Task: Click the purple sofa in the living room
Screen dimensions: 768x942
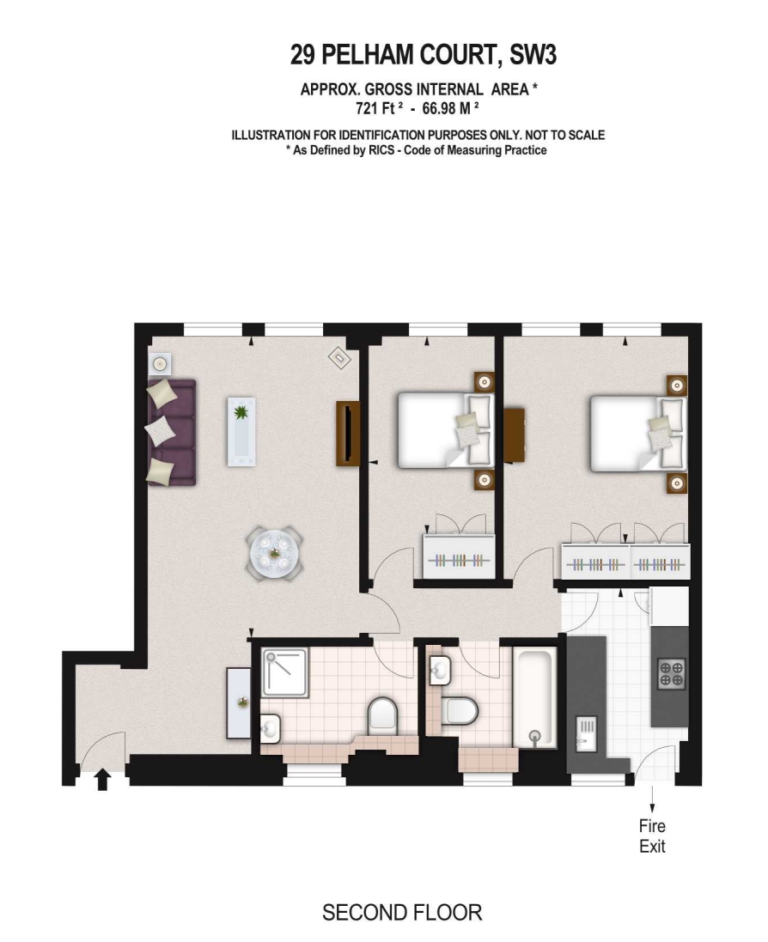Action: coord(172,432)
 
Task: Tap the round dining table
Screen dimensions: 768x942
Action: coord(275,553)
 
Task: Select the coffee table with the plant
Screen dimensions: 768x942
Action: coord(241,431)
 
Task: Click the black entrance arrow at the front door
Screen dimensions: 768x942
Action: coord(103,780)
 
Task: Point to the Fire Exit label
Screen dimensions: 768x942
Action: coord(652,836)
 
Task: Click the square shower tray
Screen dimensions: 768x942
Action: coord(285,672)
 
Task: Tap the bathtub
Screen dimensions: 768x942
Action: coord(535,697)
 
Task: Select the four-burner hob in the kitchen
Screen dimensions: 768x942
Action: coord(671,673)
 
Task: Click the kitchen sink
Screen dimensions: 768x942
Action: coord(585,733)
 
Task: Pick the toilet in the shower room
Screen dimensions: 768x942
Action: coord(383,715)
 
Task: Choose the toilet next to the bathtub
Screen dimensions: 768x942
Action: coord(460,711)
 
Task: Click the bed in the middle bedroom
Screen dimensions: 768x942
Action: coord(445,430)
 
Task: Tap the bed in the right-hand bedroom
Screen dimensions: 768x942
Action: coord(638,433)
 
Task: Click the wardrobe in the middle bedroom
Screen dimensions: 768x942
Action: coord(459,557)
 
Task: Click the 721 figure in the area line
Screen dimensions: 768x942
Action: coord(367,109)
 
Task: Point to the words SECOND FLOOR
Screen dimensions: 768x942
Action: coord(402,913)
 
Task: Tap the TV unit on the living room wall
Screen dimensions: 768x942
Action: coord(347,433)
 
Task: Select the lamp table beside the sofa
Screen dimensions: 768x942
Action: coord(159,364)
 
